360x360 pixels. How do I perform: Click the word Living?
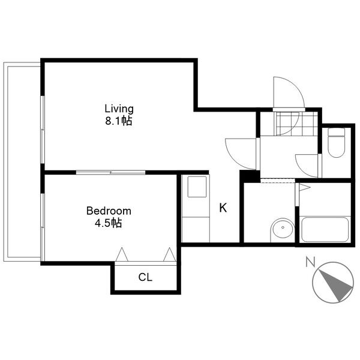pos(119,109)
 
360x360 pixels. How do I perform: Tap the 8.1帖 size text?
pos(119,121)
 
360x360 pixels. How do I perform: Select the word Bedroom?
pos(109,211)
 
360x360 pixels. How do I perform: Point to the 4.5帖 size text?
pos(109,223)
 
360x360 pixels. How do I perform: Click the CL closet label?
pos(145,277)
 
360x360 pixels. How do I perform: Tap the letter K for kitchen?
pos(223,208)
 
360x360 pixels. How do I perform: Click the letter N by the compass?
pos(310,262)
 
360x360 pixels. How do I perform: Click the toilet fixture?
pos(337,143)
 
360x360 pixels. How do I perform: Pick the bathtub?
pos(325,229)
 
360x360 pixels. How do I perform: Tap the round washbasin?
pos(283,228)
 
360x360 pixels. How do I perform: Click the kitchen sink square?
pos(197,187)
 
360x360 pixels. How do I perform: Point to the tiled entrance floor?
pos(296,124)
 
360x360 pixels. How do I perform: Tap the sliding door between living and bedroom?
pos(110,172)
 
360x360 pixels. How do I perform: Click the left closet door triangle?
pos(122,254)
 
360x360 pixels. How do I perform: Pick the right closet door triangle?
pos(169,254)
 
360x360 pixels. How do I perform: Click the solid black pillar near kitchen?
pos(250,176)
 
